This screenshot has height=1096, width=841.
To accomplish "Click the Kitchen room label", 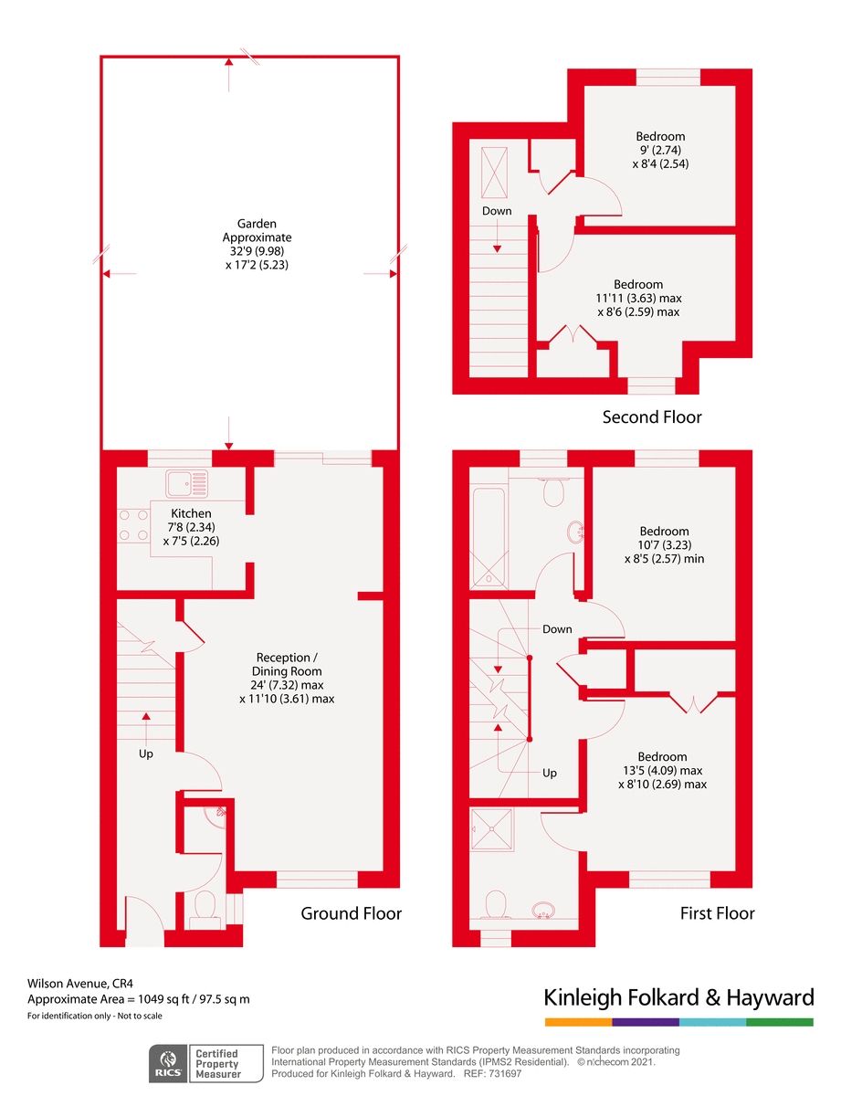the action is click(191, 513).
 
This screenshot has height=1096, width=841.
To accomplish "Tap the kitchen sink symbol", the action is click(186, 483).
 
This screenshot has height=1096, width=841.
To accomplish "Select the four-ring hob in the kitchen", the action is click(133, 525).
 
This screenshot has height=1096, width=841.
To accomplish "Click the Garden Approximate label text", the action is click(258, 230).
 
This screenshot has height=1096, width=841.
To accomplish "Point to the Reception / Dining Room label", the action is click(287, 664).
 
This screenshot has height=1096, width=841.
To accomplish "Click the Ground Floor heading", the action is click(351, 913).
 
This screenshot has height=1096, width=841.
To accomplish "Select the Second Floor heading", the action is click(652, 417).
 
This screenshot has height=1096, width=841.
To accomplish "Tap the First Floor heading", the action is click(717, 913).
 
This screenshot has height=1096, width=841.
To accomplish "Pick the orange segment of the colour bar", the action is click(578, 1022).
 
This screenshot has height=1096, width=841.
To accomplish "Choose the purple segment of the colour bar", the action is click(646, 1022).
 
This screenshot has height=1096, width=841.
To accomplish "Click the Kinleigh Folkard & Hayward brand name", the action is click(678, 998).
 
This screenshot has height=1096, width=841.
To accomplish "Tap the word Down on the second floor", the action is click(497, 211).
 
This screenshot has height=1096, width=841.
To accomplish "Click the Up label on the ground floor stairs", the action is click(146, 754).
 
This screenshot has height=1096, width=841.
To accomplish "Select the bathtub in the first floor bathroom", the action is click(489, 537).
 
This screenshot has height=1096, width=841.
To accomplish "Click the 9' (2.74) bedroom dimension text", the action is click(660, 150).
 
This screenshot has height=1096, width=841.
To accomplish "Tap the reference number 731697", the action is click(504, 1073).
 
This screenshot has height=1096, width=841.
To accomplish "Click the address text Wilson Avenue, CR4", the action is click(80, 983).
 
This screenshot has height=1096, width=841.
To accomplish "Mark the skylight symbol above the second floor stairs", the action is click(494, 173).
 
